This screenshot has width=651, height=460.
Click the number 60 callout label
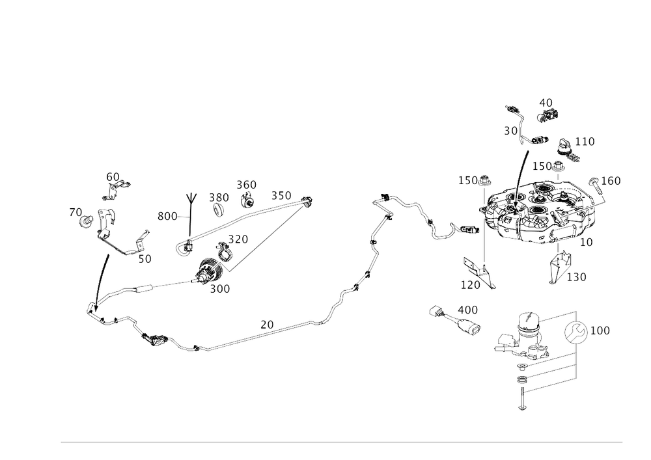pyautogui.click(x=113, y=176)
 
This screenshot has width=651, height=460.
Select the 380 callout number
pyautogui.click(x=219, y=196)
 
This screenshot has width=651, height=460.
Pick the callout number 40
pyautogui.click(x=546, y=102)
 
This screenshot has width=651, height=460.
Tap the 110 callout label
pyautogui.click(x=585, y=141)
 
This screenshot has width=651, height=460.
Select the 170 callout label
pyautogui.click(x=470, y=284)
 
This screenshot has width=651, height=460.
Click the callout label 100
pyautogui.click(x=600, y=331)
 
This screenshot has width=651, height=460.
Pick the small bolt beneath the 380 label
pyautogui.click(x=219, y=209)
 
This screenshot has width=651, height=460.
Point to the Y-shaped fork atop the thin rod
pyautogui.click(x=190, y=195)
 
